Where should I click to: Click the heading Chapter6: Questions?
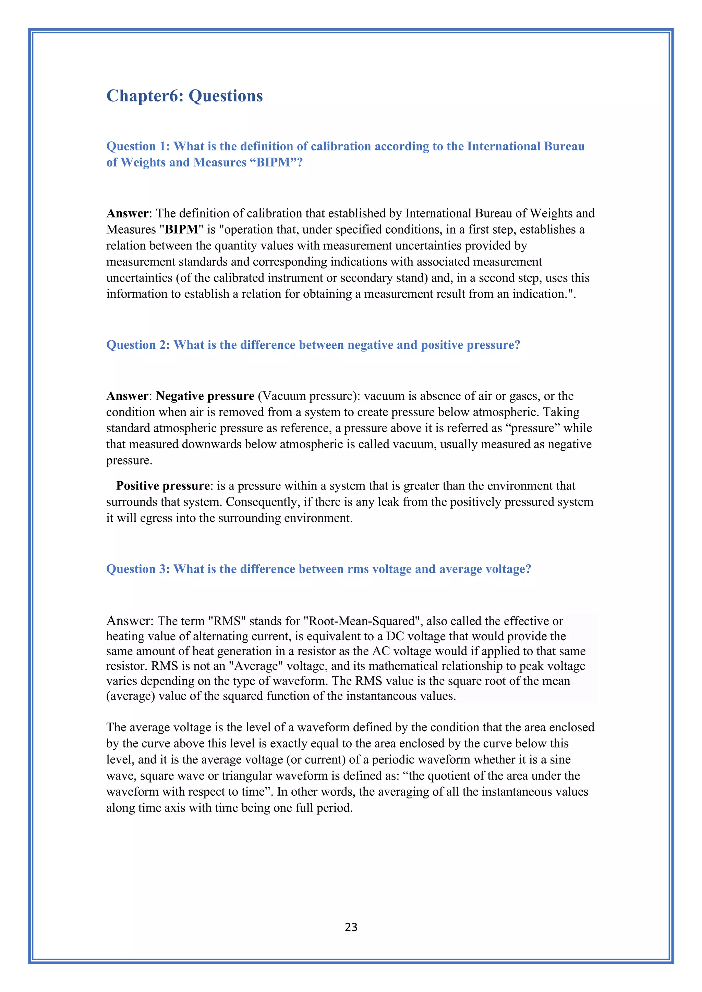184,96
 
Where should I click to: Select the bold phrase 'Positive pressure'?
163,486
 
